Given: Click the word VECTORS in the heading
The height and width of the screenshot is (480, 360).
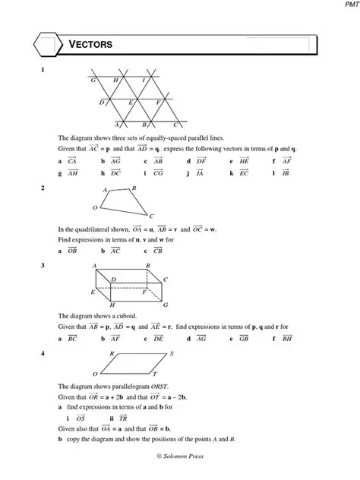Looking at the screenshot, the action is click(91, 46).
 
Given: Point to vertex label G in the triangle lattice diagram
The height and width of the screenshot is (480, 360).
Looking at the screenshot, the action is click(93, 80).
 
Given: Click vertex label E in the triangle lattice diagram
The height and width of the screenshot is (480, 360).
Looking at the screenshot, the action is click(131, 102).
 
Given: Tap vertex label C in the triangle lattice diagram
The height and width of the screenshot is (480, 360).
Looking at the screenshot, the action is click(175, 124).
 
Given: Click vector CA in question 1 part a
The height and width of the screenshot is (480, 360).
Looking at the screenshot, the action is click(72, 161).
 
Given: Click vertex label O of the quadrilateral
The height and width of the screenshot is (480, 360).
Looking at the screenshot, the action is click(95, 207).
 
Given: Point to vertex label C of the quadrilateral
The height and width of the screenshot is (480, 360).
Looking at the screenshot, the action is click(152, 216).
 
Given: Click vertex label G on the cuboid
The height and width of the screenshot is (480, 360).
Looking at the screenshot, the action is click(165, 305).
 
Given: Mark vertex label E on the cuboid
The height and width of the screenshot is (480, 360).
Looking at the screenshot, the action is click(93, 292).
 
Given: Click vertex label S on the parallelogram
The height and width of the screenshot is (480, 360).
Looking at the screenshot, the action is click(172, 354).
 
